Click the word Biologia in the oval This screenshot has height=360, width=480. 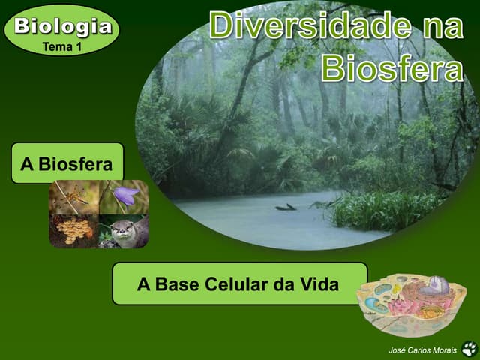pyautogui.click(x=63, y=27)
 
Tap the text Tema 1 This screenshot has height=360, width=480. pyautogui.click(x=62, y=46)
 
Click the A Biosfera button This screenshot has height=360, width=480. pyautogui.click(x=67, y=163)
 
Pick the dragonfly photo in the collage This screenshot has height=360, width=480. pyautogui.click(x=73, y=196)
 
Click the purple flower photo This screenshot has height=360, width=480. pyautogui.click(x=124, y=196)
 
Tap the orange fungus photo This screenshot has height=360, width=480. pyautogui.click(x=73, y=230)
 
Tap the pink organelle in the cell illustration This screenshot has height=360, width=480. pyautogui.click(x=406, y=305)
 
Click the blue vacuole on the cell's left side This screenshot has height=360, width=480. pyautogui.click(x=382, y=289)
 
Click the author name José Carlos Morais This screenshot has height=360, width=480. pyautogui.click(x=422, y=350)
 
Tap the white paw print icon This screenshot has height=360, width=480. pyautogui.click(x=469, y=349)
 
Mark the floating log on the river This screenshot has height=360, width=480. pyautogui.click(x=286, y=206)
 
